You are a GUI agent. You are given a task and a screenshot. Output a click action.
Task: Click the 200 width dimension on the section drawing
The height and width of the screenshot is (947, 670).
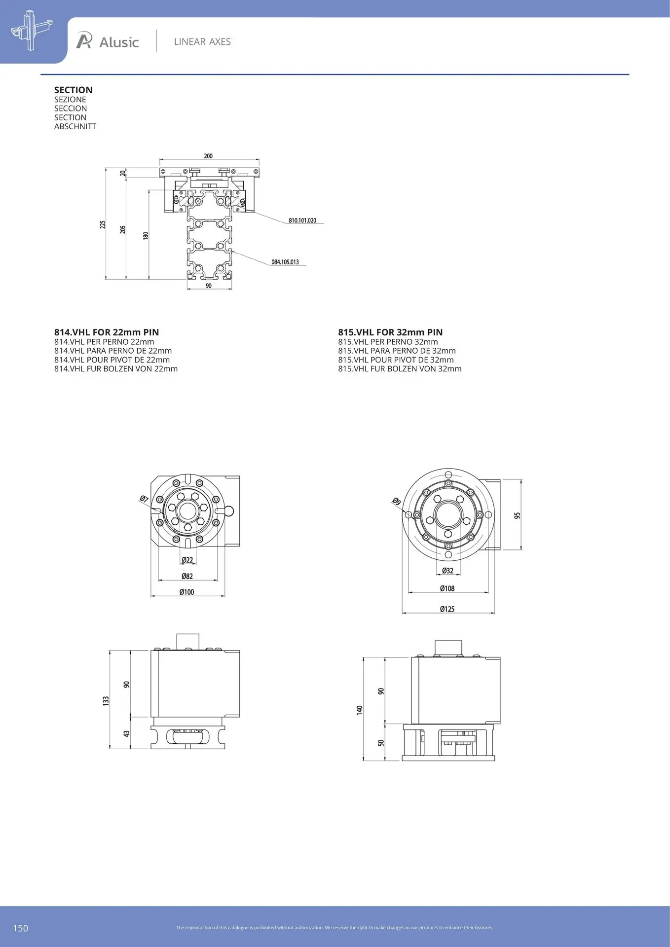pos(208,156)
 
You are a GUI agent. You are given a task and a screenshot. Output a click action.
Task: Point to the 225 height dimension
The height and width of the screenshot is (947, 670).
pos(103,224)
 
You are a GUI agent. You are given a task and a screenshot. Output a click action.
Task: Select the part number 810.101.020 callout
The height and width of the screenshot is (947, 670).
pos(302,220)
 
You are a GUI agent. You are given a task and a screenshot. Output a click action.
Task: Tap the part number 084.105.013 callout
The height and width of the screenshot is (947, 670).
pos(285,262)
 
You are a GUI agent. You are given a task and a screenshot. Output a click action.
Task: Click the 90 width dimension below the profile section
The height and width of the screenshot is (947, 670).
pos(209,286)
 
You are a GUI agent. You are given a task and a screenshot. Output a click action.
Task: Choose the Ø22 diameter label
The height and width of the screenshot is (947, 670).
pos(187,560)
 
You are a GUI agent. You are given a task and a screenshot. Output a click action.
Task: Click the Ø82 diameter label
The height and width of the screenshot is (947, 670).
pos(187,576)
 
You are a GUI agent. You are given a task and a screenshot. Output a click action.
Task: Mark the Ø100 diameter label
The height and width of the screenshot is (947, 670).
pos(187,592)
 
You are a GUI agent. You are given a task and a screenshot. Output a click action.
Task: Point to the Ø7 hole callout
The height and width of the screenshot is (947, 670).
pos(144,499)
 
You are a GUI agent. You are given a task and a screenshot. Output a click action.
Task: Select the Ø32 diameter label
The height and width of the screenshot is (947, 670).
pos(447,571)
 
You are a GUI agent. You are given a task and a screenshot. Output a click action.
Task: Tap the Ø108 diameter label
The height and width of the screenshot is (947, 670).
pos(447,588)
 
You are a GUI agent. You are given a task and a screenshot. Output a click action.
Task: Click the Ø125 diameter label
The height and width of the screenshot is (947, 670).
pos(447,609)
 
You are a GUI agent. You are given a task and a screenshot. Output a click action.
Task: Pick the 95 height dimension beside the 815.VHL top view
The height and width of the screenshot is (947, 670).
pos(517,515)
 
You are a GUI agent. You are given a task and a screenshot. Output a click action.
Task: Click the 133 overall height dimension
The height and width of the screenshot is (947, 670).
pos(106,701)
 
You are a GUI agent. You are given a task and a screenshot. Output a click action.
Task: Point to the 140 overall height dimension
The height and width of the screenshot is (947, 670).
pos(360,710)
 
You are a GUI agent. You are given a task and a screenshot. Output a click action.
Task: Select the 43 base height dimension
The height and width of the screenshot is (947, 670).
pos(126,734)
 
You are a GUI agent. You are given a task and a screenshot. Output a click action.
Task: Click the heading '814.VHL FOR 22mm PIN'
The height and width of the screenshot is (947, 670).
pos(107,332)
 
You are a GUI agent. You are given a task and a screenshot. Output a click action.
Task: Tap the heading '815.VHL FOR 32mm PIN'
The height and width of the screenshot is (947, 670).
pos(390,332)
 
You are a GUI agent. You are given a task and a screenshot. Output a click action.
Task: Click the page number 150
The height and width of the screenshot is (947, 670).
pos(21,928)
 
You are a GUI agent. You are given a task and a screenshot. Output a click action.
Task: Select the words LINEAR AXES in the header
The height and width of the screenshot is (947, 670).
pos(202,42)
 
